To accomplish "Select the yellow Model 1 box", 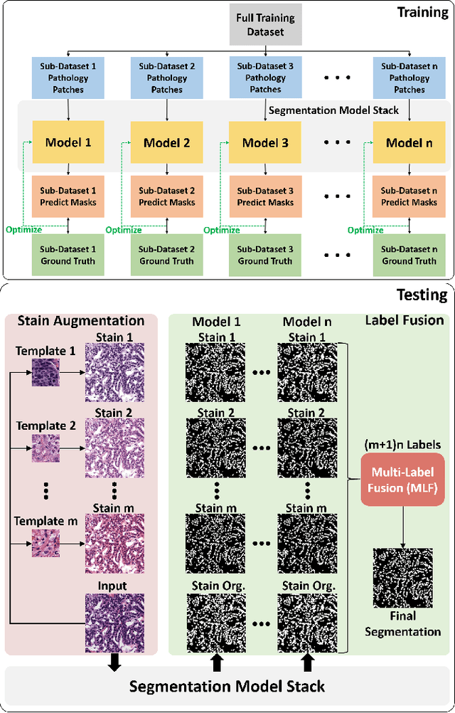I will tap(68, 142).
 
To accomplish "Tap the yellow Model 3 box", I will tap(265, 142).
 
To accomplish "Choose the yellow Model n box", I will tap(409, 142).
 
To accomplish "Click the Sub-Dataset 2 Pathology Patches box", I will tap(166, 78).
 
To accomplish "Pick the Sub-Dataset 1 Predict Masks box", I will tap(68, 196).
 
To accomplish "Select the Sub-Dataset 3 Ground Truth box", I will tap(265, 255).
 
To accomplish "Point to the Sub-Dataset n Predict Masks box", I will tap(409, 196).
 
